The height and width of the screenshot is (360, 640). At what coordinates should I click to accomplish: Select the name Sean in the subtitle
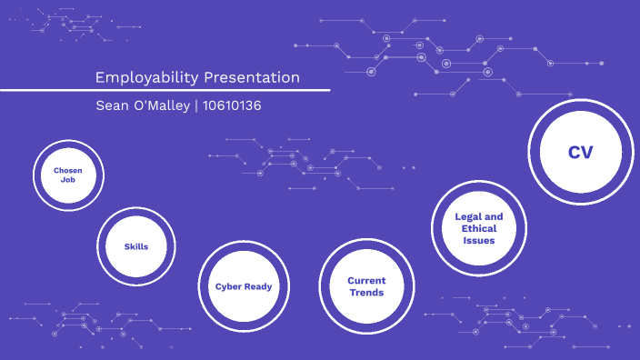point(113,105)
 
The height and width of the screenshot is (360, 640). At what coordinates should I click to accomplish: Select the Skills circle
point(136,246)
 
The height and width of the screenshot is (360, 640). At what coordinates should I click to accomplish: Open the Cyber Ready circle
point(243,286)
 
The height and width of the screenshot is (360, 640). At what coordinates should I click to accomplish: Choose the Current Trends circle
point(366,286)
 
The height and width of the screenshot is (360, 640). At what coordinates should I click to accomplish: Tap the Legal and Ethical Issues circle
point(479,229)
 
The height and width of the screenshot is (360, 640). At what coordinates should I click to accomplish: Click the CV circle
point(580,152)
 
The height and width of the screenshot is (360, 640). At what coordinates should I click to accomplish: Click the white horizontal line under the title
point(165,90)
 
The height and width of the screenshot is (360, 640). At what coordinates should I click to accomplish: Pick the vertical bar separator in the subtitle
point(197,105)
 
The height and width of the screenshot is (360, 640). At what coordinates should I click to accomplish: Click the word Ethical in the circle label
point(479,229)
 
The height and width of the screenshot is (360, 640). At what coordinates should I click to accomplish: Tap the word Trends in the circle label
point(366,293)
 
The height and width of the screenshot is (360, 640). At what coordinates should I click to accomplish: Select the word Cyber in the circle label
point(229,286)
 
